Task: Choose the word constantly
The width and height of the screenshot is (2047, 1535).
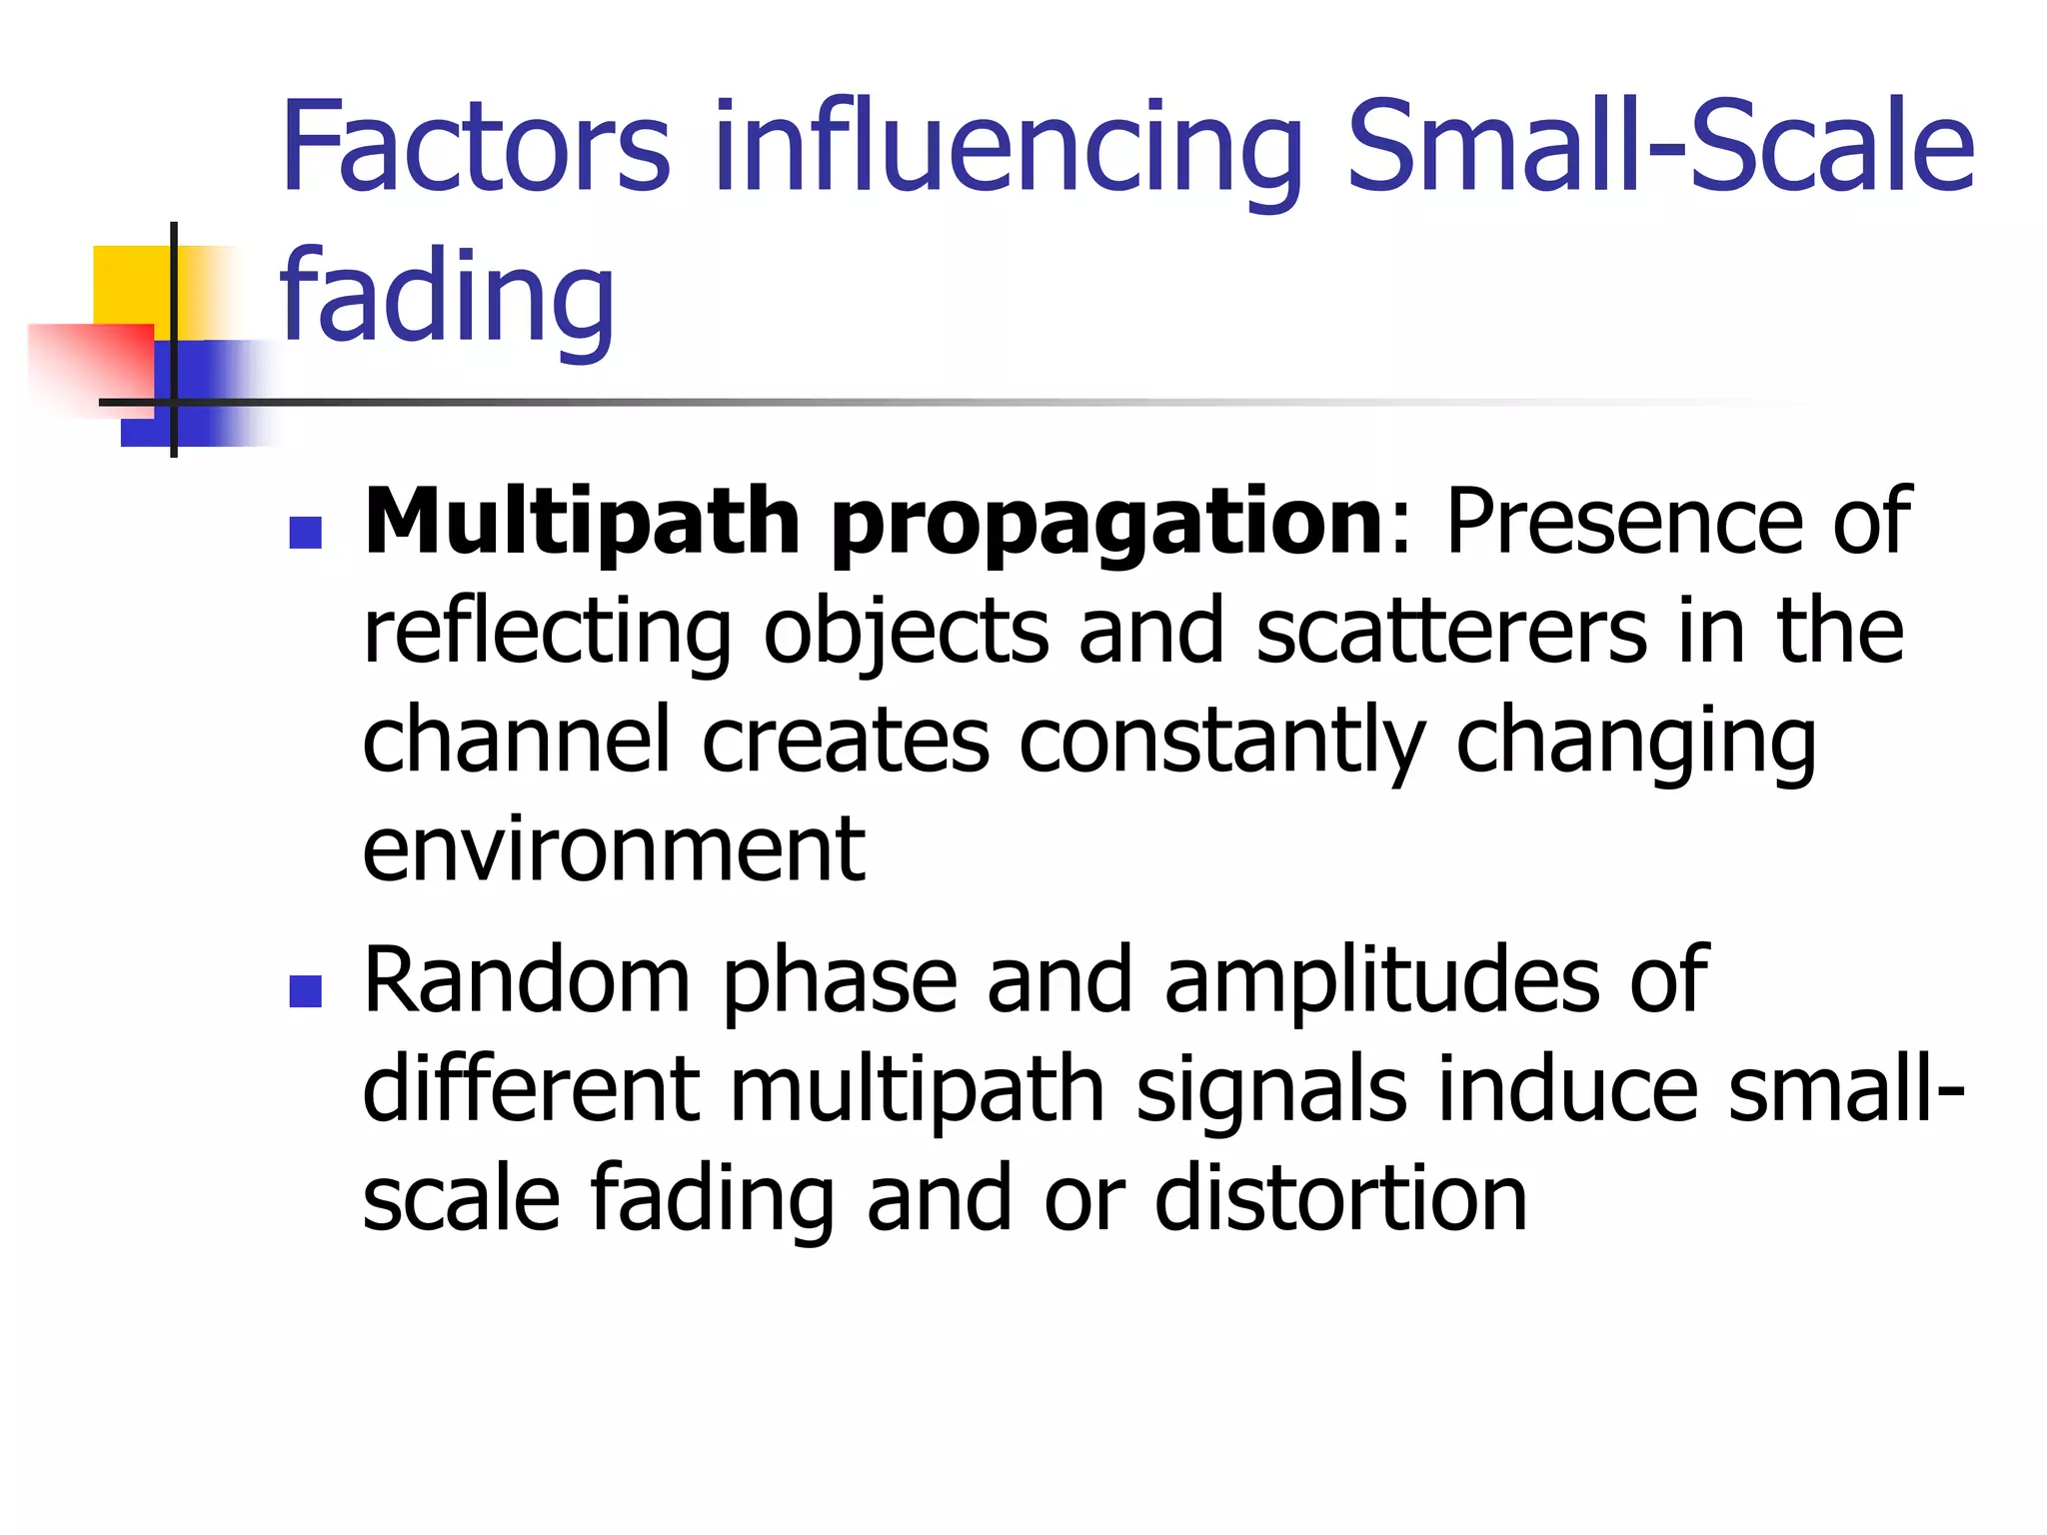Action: [x=1221, y=743]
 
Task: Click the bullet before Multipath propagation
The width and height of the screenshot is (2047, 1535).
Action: [x=305, y=533]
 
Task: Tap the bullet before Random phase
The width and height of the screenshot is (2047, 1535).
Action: [x=305, y=991]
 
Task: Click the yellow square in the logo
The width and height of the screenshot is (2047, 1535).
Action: [x=130, y=285]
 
